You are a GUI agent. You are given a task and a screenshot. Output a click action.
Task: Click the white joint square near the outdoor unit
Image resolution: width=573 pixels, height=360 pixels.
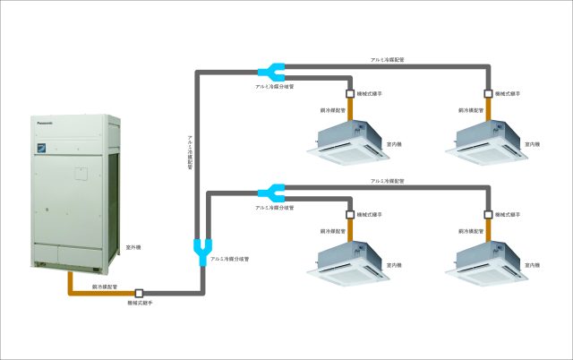(x=139, y=293)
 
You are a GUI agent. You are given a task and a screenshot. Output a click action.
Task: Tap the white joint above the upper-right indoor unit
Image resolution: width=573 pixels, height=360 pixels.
(x=488, y=92)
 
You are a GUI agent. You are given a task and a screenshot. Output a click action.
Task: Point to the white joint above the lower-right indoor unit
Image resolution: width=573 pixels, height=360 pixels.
(x=488, y=216)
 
